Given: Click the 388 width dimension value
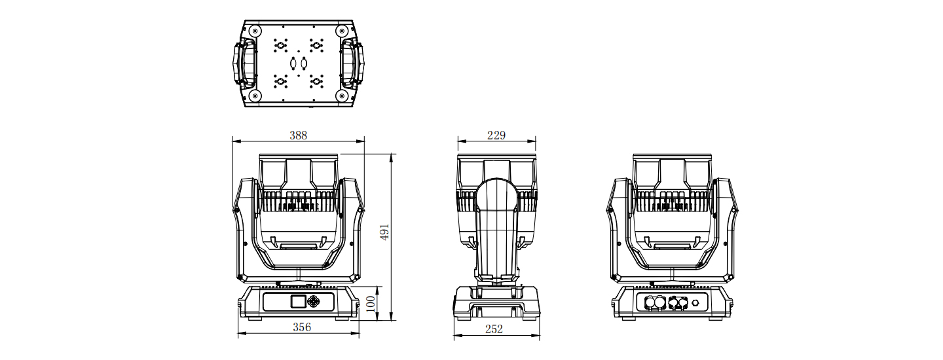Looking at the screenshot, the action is (x=298, y=135).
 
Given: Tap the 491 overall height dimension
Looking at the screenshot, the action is (x=384, y=232).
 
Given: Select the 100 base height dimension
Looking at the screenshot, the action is (x=371, y=304).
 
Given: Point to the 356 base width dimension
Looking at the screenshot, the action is (x=302, y=327).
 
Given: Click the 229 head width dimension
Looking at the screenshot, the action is (x=496, y=135).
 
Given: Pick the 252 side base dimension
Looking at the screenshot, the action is (x=494, y=329).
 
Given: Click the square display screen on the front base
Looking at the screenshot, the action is (x=297, y=301).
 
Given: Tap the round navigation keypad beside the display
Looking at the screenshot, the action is (x=313, y=301).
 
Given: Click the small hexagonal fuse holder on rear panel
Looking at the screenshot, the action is (x=695, y=302).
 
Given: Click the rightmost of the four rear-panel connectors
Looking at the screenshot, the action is (x=682, y=302).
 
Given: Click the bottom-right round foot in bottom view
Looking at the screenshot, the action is (x=341, y=96).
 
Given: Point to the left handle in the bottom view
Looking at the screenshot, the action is (x=244, y=63).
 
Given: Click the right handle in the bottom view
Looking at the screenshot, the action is (x=352, y=63).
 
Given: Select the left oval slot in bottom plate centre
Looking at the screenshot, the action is (x=293, y=63).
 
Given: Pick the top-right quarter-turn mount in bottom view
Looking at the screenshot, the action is (x=316, y=45).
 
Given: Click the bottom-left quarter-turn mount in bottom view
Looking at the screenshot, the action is (x=280, y=81).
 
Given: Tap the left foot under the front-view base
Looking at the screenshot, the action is (x=254, y=318).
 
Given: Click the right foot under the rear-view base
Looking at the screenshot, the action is (x=716, y=318).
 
